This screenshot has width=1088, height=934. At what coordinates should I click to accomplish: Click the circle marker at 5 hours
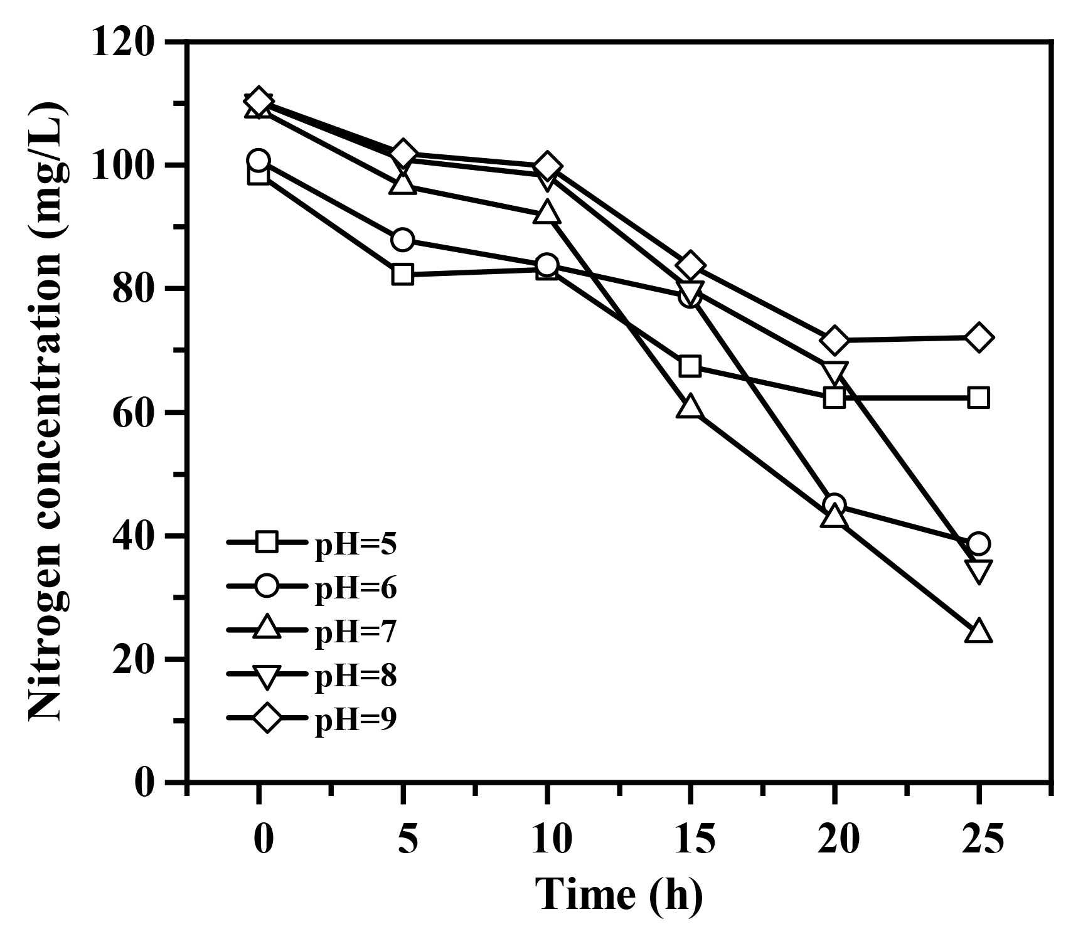[x=402, y=240]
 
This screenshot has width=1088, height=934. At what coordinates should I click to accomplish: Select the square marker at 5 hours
[x=402, y=275]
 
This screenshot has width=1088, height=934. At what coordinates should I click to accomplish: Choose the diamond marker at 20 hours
[x=835, y=340]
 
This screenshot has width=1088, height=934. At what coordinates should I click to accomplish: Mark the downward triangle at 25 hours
[x=979, y=570]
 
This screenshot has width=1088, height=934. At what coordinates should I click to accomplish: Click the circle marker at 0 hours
[x=259, y=160]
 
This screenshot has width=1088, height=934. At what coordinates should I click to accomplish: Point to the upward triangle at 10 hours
[x=547, y=213]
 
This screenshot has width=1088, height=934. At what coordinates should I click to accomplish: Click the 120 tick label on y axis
[x=123, y=43]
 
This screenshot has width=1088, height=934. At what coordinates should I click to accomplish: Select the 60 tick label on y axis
[x=133, y=413]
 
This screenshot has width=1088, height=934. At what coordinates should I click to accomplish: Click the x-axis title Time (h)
[x=619, y=894]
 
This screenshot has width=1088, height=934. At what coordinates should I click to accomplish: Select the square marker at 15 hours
[x=690, y=366]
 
